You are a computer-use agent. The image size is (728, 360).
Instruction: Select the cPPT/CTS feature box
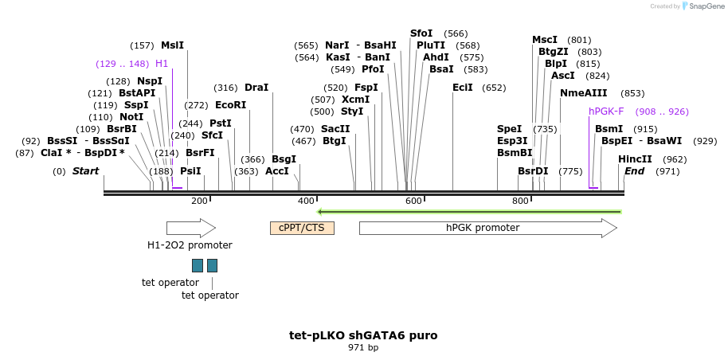point(302,229)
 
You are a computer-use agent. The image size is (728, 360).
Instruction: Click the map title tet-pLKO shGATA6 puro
point(363,335)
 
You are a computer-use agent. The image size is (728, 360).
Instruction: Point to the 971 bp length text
point(363,347)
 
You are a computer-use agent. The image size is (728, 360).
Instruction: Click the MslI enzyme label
point(172,45)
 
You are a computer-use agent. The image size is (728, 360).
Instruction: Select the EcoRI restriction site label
point(230,104)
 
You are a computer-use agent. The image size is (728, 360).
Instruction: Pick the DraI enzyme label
point(256,88)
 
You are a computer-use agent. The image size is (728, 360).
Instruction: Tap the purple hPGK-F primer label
point(606,112)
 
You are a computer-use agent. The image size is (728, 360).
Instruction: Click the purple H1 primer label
point(162,64)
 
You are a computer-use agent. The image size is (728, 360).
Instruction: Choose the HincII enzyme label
point(635,159)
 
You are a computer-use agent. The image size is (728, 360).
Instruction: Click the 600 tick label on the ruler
point(413,201)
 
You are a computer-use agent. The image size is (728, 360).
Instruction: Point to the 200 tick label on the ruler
point(199,201)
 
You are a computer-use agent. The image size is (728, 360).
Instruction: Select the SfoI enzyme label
point(421,33)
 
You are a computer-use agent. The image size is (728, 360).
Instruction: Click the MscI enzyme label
point(545,40)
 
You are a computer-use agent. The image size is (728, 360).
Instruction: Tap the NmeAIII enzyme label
point(583,93)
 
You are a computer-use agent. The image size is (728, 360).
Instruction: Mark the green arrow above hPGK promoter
point(469,212)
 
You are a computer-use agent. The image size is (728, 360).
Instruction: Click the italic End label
point(634,171)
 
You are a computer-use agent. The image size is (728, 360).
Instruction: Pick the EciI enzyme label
point(463,88)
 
